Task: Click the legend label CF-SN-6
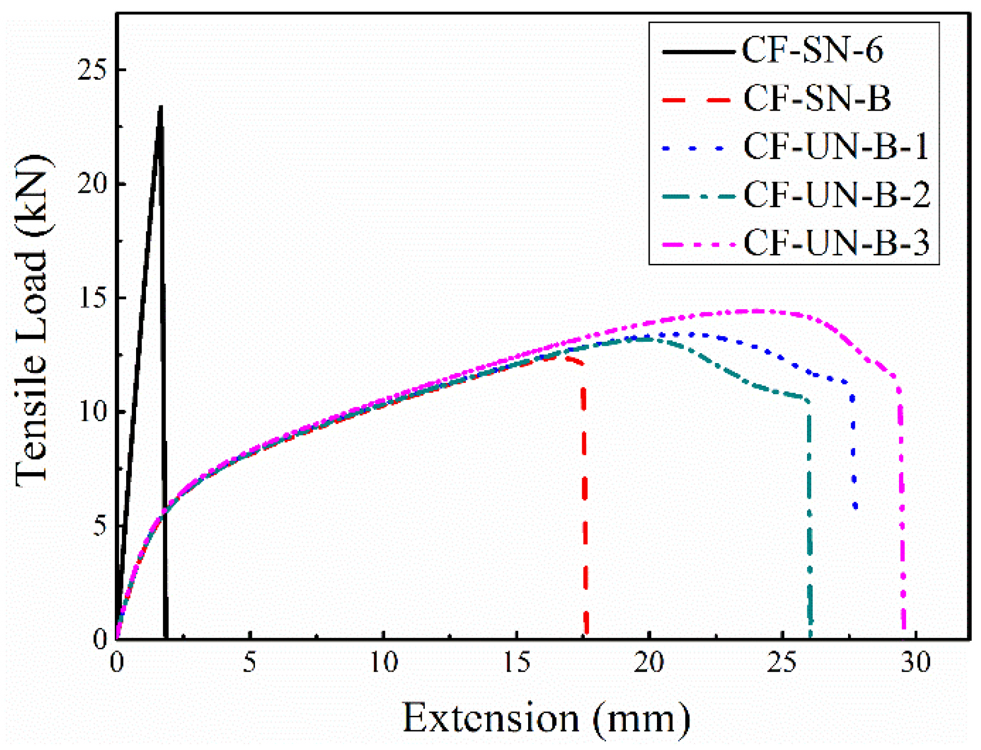pyautogui.click(x=812, y=50)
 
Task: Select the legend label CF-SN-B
pyautogui.click(x=817, y=98)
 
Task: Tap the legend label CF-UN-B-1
pyautogui.click(x=836, y=146)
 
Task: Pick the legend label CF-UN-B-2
pyautogui.click(x=837, y=195)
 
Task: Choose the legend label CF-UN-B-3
pyautogui.click(x=836, y=243)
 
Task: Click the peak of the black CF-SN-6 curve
pyautogui.click(x=161, y=107)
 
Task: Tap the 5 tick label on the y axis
pyautogui.click(x=99, y=526)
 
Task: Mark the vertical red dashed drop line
pyautogui.click(x=585, y=499)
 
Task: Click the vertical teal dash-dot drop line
pyautogui.click(x=810, y=519)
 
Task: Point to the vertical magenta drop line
pyautogui.click(x=902, y=509)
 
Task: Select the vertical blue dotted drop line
pyautogui.click(x=853, y=452)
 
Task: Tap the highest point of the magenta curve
pyautogui.click(x=756, y=311)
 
